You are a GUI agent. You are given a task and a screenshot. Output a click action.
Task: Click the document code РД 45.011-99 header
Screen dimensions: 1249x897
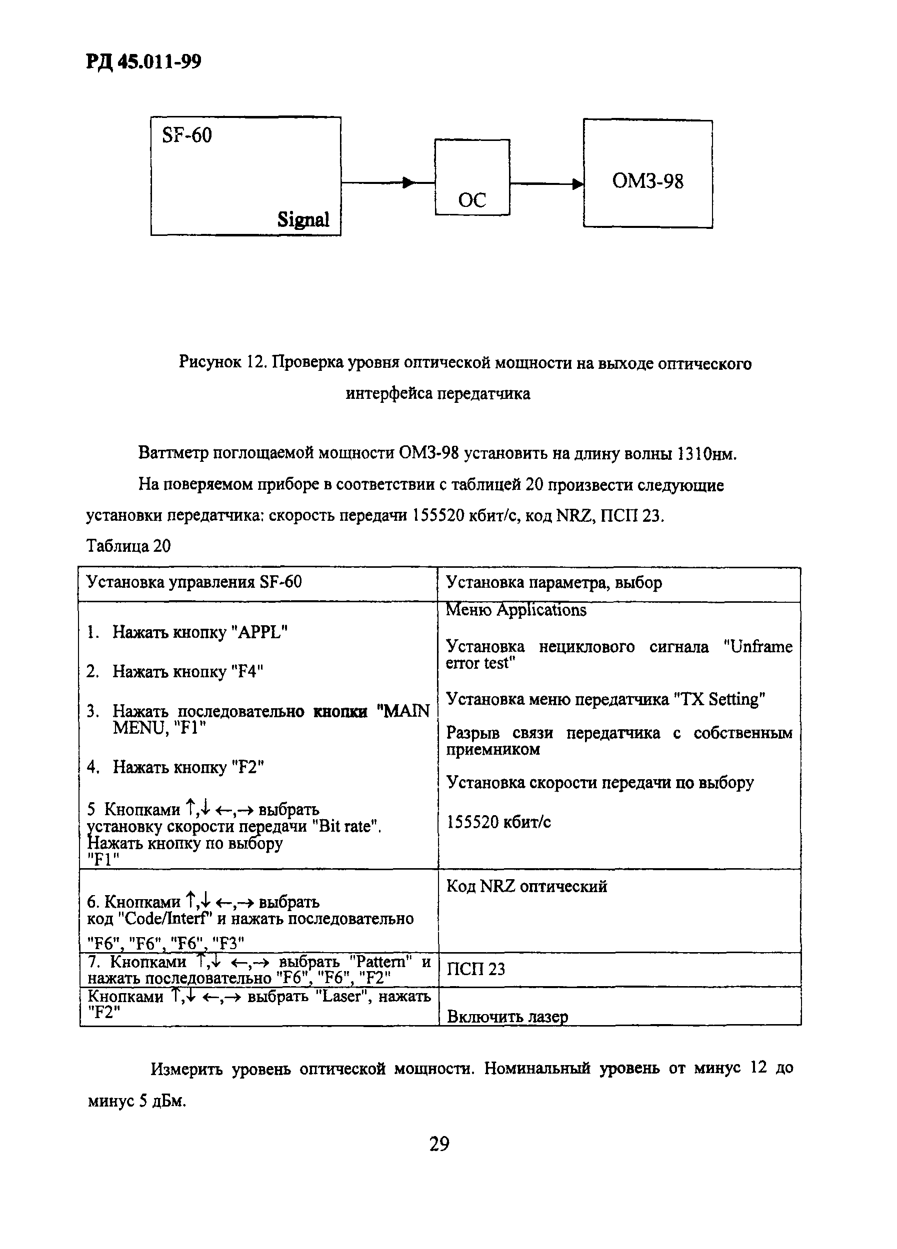143,61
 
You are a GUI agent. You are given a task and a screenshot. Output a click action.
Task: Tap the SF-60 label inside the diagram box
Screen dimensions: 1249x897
187,135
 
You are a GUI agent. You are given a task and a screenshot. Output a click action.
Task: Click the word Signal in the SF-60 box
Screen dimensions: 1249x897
303,220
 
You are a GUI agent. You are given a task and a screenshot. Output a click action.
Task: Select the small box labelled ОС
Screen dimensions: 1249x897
472,177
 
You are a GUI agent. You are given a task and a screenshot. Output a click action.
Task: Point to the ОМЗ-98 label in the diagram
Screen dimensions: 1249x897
647,181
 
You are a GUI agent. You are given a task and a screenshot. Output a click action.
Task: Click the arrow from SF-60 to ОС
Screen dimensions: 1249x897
388,183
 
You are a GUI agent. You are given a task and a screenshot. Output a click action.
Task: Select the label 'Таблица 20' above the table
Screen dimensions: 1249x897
128,546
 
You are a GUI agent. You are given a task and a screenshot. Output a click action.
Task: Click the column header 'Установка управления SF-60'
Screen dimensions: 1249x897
194,582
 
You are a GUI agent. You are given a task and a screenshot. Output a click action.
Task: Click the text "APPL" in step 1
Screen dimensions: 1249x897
261,632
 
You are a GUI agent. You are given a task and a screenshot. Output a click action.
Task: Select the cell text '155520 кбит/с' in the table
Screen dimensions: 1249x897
498,822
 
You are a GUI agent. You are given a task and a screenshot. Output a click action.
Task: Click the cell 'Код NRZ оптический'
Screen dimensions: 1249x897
526,886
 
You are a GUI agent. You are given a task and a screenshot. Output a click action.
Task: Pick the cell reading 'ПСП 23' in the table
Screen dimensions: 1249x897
475,969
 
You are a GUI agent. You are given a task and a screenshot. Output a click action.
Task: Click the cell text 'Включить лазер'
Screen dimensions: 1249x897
507,1017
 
